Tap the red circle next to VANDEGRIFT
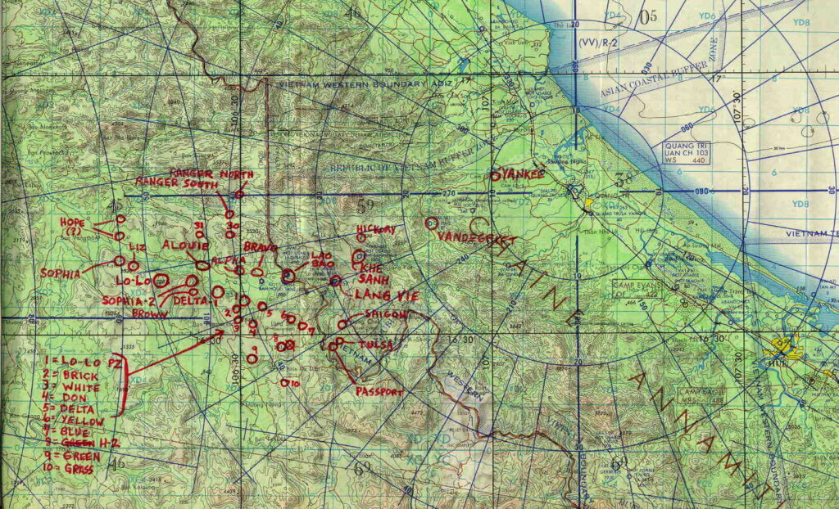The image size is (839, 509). click(431, 223)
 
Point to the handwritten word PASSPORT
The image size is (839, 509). click(379, 392)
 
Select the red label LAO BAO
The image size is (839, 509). click(320, 261)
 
